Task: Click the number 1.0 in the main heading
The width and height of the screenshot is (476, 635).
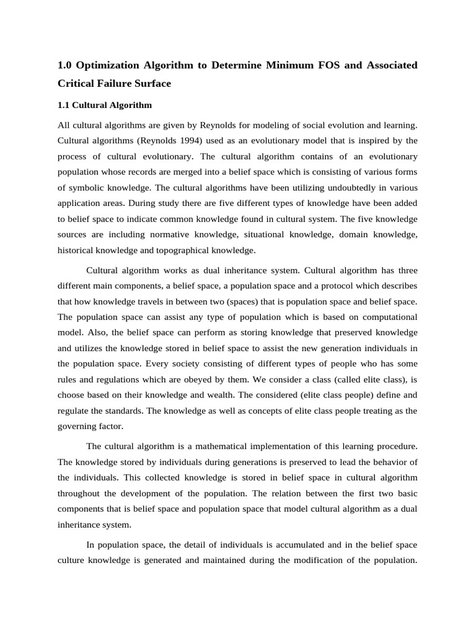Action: coord(64,66)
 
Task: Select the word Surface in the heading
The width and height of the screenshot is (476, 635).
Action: coord(153,82)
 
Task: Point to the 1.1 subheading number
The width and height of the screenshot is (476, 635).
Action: coord(64,105)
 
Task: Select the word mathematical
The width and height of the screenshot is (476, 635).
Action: coord(216,446)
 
